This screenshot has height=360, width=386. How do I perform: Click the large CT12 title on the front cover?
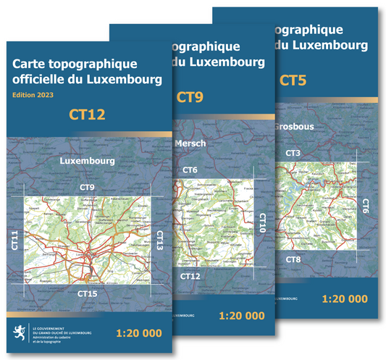click(x=87, y=114)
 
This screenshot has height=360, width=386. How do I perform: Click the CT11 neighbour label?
click(x=16, y=240)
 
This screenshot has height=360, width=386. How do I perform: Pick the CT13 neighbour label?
click(x=159, y=240)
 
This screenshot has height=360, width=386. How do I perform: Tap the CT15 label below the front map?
click(x=88, y=293)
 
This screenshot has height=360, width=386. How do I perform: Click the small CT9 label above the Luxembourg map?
click(x=88, y=188)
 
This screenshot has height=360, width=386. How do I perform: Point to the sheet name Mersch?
click(x=190, y=143)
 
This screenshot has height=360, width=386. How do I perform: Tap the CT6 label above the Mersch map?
click(x=190, y=170)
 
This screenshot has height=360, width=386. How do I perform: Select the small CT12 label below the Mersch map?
click(x=190, y=276)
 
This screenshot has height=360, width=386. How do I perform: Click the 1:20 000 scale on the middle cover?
click(x=241, y=315)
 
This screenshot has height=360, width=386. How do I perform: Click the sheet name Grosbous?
click(x=294, y=126)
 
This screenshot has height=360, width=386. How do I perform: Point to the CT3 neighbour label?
click(x=293, y=153)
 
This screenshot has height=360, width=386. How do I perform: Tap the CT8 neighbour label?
click(x=293, y=259)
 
